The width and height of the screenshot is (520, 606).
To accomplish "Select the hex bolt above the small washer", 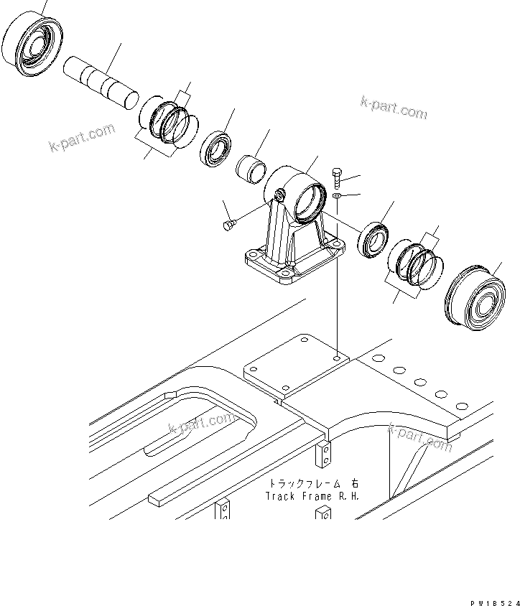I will pyautogui.click(x=338, y=175).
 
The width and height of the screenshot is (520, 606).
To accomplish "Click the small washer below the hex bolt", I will pyautogui.click(x=338, y=195).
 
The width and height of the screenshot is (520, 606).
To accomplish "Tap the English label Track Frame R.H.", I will pyautogui.click(x=312, y=496).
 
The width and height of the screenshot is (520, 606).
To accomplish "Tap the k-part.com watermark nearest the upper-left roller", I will pyautogui.click(x=82, y=139).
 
